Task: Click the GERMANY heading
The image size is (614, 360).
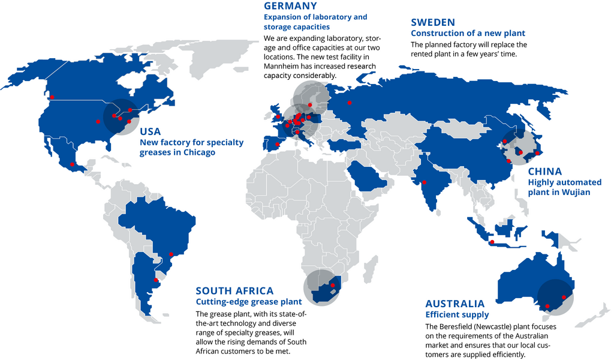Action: point(290,6)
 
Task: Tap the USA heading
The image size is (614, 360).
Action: point(150,131)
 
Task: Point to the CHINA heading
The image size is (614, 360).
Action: point(544,172)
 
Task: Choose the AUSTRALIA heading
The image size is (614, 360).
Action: point(455,304)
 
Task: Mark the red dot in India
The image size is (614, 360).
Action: point(425,182)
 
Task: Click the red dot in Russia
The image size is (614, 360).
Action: point(350,103)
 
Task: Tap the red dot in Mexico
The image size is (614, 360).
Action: point(73,164)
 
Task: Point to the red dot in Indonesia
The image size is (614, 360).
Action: point(492,242)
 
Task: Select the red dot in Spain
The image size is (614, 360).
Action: point(277,144)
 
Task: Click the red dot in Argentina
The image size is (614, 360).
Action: point(156,280)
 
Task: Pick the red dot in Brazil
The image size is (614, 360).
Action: point(172,254)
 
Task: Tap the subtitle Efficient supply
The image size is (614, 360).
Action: point(457,314)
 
